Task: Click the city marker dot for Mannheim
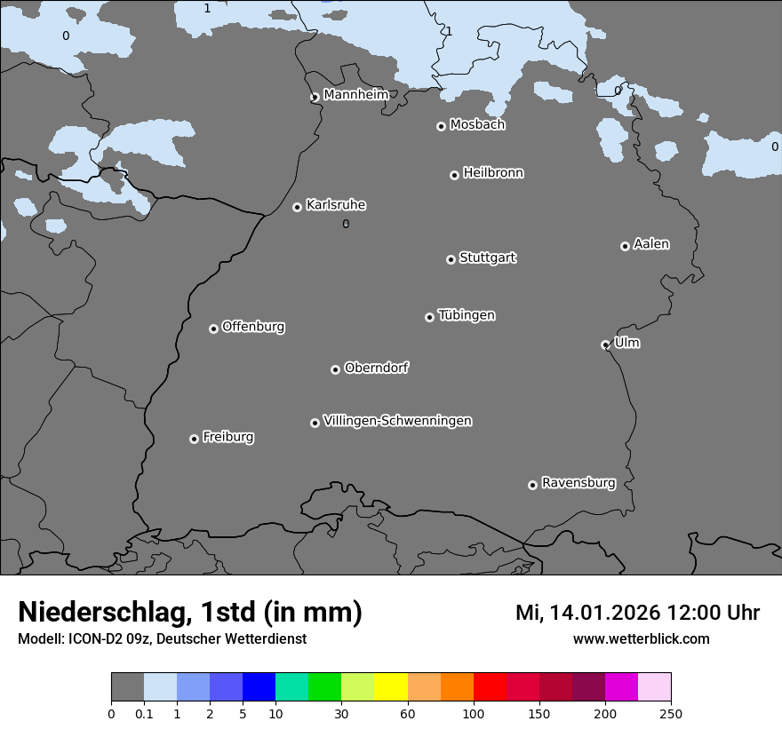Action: [315, 98]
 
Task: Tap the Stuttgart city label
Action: [487, 258]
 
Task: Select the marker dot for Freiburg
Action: [194, 439]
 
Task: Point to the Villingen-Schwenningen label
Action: [397, 421]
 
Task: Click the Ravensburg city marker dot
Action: [532, 485]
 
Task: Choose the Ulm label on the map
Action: [626, 343]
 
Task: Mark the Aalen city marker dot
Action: [625, 246]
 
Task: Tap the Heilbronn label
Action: [493, 172]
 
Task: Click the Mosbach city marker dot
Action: [441, 126]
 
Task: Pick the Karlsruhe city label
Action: [336, 205]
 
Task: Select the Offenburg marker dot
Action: [213, 329]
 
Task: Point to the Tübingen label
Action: [467, 315]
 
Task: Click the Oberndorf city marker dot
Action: [335, 369]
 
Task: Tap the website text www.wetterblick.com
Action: [641, 638]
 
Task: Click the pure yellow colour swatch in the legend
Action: [391, 687]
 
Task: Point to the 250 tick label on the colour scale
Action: [670, 713]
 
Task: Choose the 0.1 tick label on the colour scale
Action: [144, 713]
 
